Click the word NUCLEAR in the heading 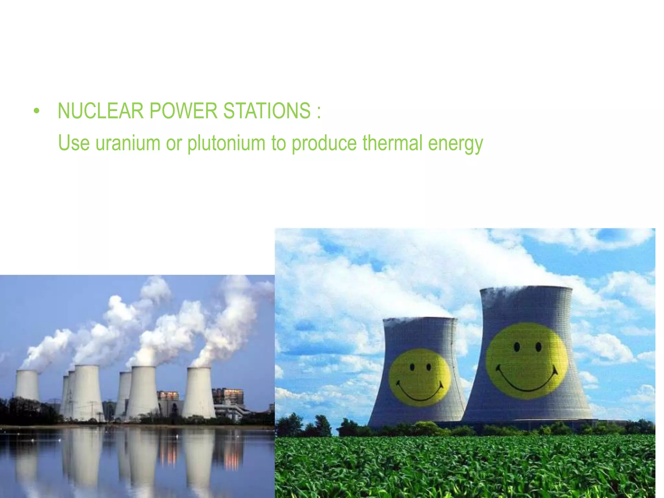click(100, 111)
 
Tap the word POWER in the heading click(183, 111)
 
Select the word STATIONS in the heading click(267, 111)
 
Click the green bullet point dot click(36, 111)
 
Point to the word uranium click(128, 143)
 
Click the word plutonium click(226, 143)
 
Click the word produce click(324, 144)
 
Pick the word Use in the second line click(74, 143)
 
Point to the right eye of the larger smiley click(539, 347)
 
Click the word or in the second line click(174, 143)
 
